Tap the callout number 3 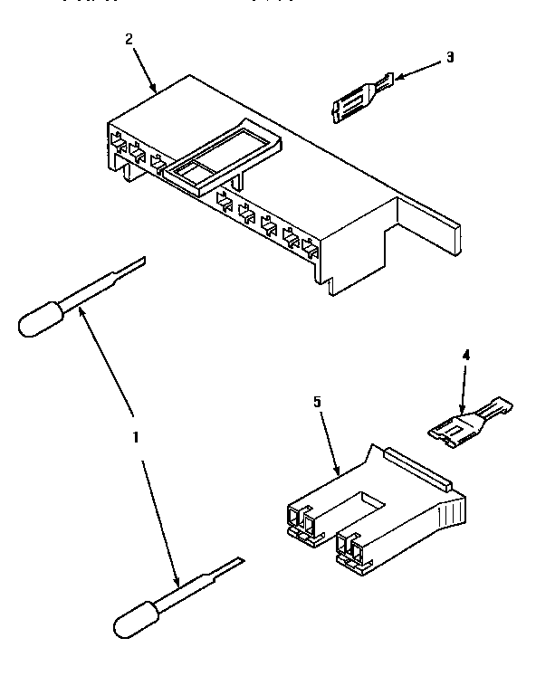click(449, 57)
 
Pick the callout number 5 click(316, 401)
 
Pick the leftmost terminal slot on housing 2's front click(116, 143)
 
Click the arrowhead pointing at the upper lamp click(83, 311)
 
